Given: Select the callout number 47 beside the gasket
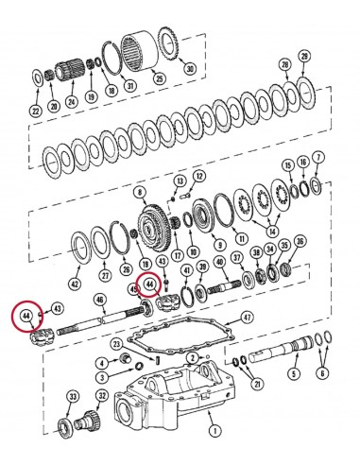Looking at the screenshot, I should pos(247,319).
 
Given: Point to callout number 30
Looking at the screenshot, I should pos(191,69).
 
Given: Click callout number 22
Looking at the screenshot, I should pos(35,111).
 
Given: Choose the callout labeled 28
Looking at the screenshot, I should pos(284,63).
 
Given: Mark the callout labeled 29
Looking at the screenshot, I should pos(303,59).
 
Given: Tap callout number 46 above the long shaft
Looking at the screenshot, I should pos(100,300).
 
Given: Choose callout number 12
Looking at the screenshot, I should pos(199,175).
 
